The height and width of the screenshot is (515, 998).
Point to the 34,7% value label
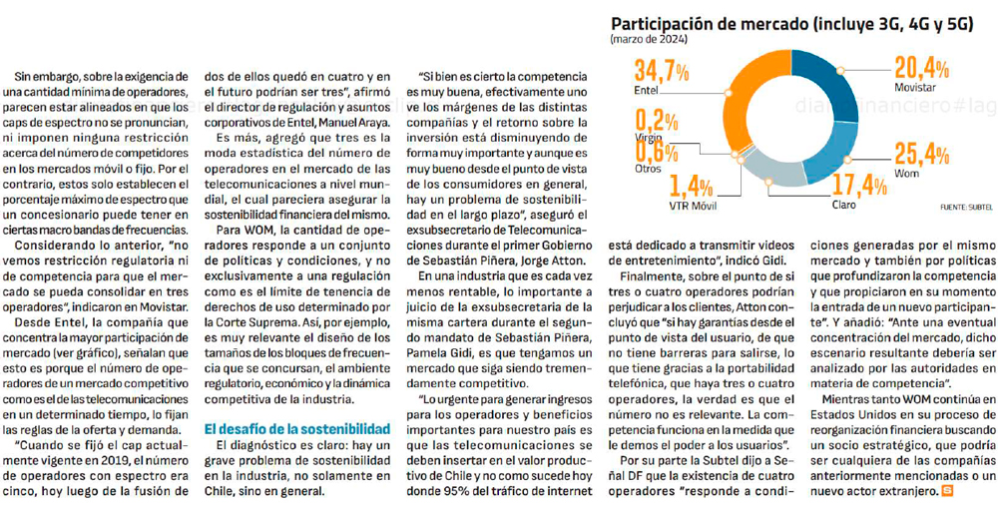point(662,72)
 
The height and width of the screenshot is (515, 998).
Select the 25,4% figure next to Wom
point(921,154)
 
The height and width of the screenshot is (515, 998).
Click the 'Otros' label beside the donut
point(648,168)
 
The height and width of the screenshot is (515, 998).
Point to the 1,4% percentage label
point(692,187)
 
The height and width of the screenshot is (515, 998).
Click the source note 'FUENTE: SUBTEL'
point(965,207)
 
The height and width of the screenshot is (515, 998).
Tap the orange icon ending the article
point(946,490)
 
